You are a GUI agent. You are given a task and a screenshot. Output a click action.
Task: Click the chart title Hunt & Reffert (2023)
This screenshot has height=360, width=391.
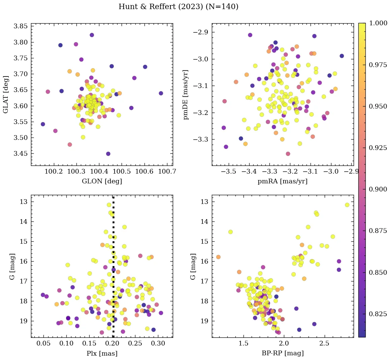[178, 7]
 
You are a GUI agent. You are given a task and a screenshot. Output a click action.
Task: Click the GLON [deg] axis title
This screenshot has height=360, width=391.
[102, 181]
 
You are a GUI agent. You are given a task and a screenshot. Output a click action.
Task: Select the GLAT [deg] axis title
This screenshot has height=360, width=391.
[6, 94]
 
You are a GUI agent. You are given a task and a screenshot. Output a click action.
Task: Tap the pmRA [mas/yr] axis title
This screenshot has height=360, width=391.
[283, 181]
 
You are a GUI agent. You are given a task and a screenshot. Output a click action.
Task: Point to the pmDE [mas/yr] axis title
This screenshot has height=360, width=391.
[186, 95]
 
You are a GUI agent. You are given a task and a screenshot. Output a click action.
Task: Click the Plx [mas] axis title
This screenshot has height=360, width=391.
[102, 353]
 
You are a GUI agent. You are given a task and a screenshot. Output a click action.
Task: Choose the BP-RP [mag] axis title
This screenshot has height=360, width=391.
[283, 353]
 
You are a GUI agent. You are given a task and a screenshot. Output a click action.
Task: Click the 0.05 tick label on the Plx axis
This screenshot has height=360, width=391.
[43, 343]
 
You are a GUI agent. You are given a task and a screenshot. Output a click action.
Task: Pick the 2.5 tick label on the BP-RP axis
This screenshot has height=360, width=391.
[324, 343]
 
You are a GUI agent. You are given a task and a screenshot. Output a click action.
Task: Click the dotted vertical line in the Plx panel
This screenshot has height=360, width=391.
[113, 270]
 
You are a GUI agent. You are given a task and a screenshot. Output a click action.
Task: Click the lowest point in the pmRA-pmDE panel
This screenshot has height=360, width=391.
[288, 154]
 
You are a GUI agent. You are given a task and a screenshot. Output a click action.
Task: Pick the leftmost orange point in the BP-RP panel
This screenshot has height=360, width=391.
[218, 257]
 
